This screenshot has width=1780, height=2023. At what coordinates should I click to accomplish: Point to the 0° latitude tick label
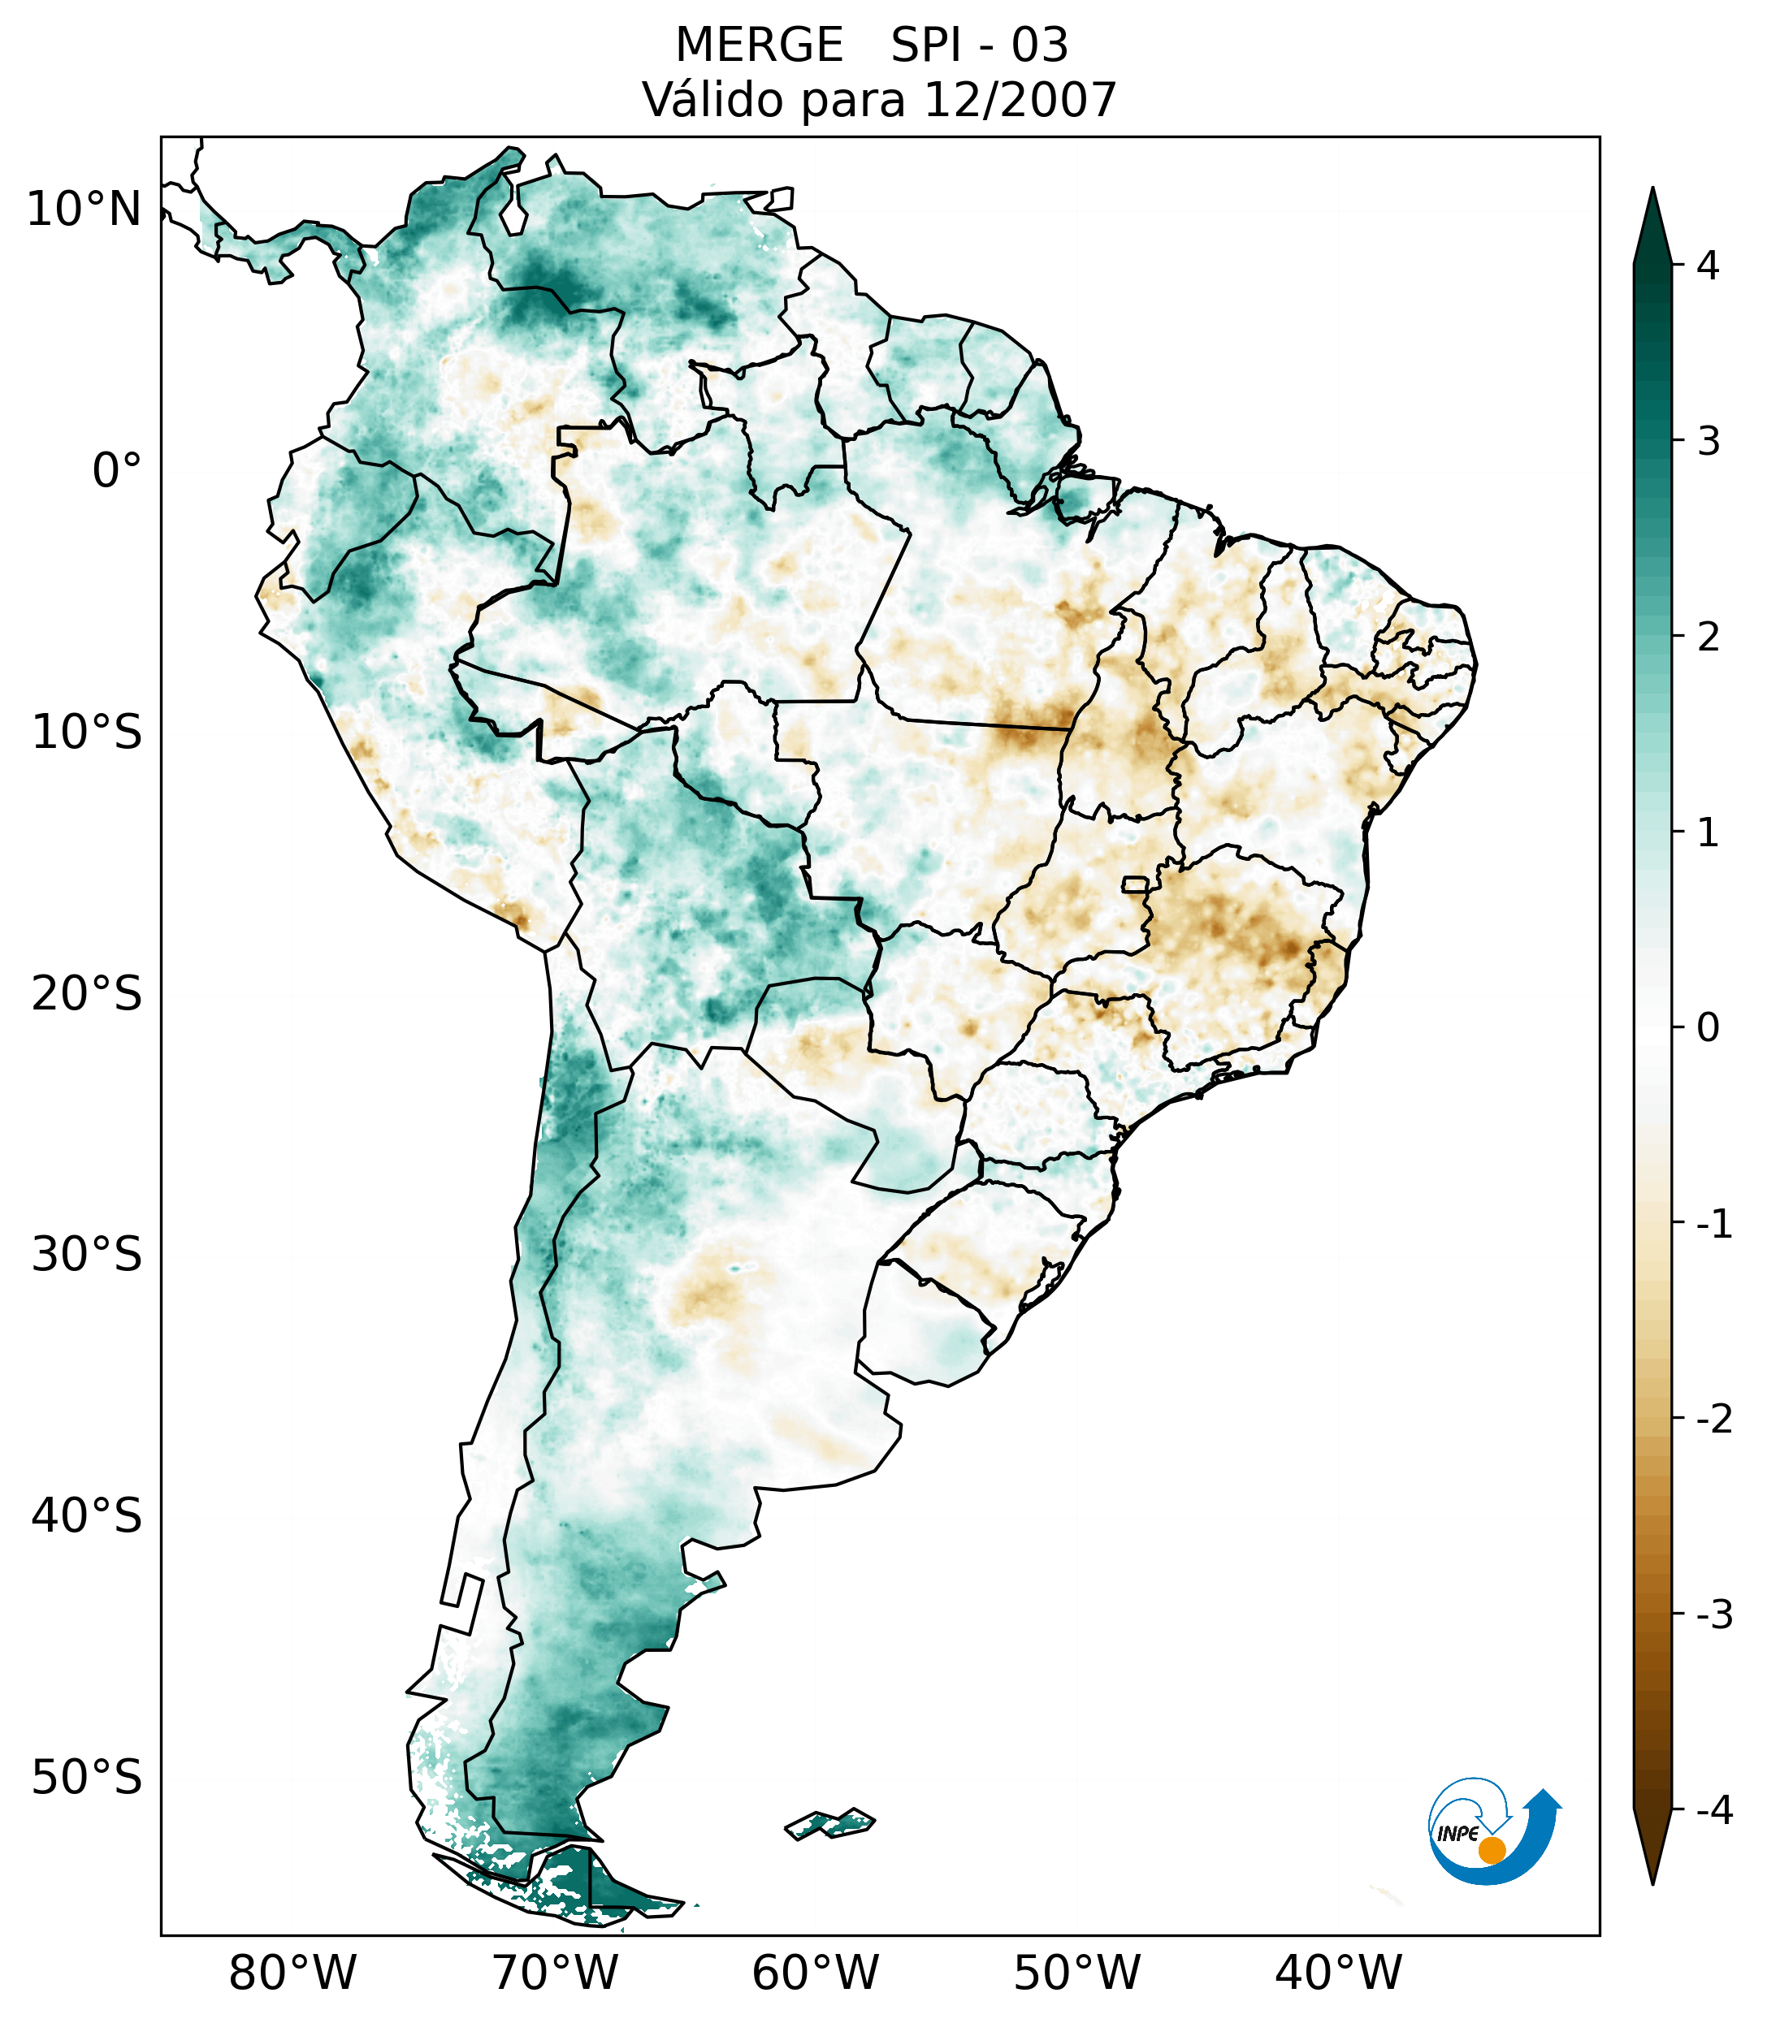(x=117, y=471)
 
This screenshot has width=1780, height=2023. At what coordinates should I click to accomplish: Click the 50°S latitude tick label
(x=87, y=1778)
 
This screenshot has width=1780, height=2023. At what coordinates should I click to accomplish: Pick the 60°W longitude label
(x=815, y=1973)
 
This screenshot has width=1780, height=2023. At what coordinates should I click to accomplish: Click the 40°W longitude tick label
(x=1337, y=1973)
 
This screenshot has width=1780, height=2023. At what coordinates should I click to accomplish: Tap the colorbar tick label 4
(x=1708, y=266)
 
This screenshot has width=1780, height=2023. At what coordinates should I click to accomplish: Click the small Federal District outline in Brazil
(x=1137, y=884)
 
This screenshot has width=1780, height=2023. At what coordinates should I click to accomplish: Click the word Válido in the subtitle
(x=712, y=100)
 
